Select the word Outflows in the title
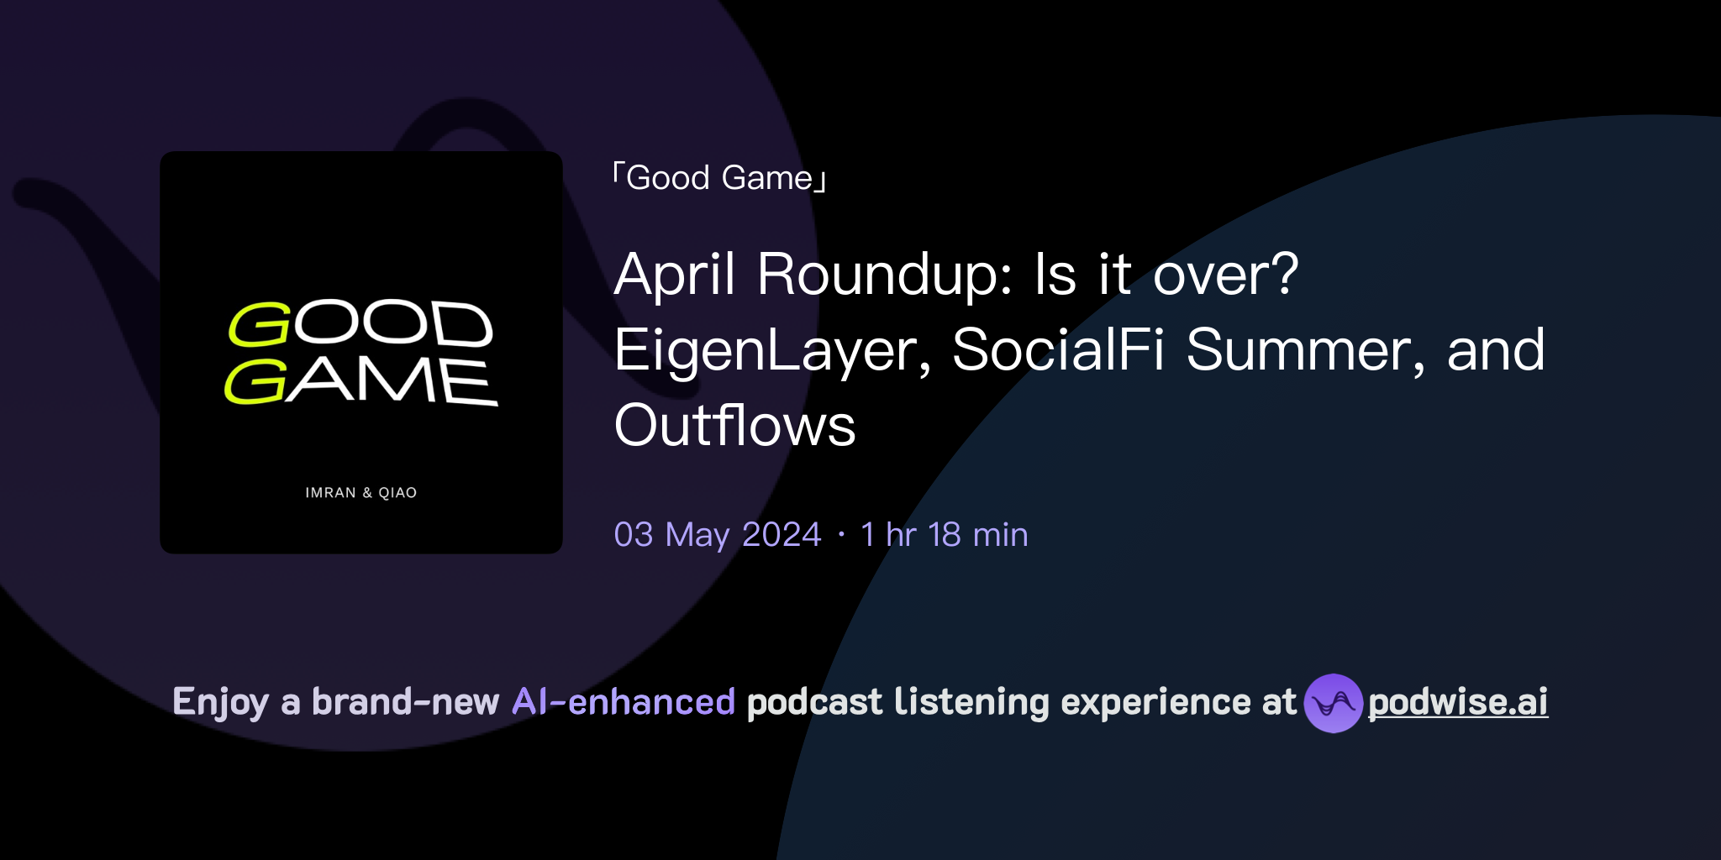tap(734, 426)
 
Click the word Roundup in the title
tap(885, 275)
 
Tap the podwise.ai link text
tap(1458, 702)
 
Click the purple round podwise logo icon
tap(1333, 703)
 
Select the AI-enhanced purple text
tap(624, 702)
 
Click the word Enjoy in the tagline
tap(220, 702)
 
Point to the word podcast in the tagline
tap(814, 702)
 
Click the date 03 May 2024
tap(717, 535)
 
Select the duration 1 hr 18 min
tap(944, 535)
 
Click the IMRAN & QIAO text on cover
tap(361, 493)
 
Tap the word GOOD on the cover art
tap(361, 323)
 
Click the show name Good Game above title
tap(719, 178)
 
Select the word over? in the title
tap(1225, 275)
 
